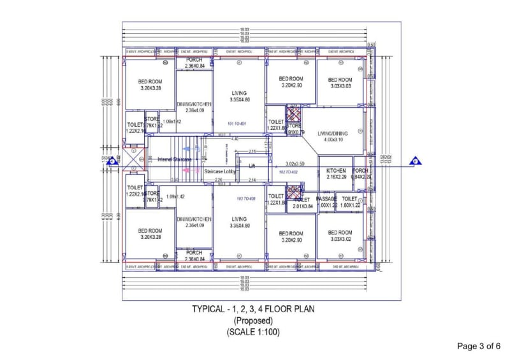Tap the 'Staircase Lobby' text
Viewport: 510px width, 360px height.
click(220, 171)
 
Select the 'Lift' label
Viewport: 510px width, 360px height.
click(252, 166)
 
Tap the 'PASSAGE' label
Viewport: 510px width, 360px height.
click(327, 199)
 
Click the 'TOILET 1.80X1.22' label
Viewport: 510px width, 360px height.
click(350, 202)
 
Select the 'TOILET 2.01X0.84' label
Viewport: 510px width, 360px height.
click(302, 203)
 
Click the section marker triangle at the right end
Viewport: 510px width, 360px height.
click(415, 161)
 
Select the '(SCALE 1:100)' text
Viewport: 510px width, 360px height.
click(253, 332)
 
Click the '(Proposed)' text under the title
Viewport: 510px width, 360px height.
click(253, 320)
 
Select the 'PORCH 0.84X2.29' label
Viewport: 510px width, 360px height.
click(360, 174)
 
